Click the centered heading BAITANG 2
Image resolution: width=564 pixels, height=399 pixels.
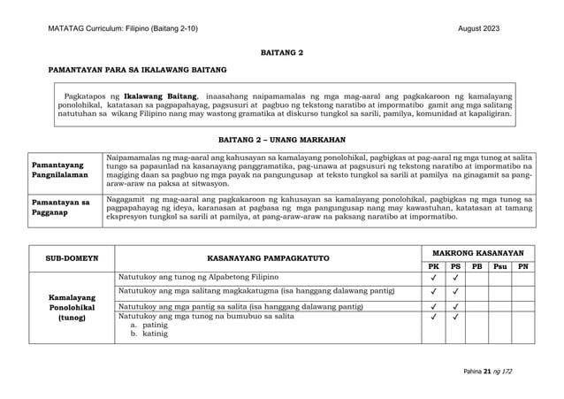coord(281,53)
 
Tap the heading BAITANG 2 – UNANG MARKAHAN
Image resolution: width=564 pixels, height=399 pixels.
coord(281,140)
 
